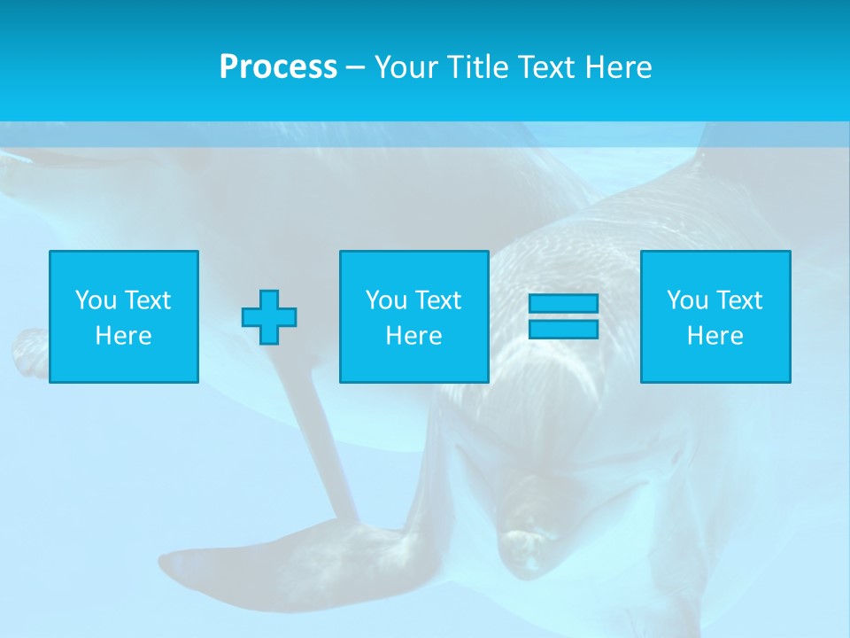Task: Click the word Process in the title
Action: [278, 67]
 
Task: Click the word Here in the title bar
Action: [619, 67]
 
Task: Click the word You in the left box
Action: [97, 300]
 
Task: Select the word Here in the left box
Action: [123, 336]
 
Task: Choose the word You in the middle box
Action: [387, 300]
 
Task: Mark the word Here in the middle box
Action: [413, 336]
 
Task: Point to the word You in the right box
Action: [688, 300]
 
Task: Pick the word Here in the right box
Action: [715, 336]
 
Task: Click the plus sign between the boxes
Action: [269, 316]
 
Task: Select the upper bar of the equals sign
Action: [563, 304]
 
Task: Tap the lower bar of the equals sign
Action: [563, 329]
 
